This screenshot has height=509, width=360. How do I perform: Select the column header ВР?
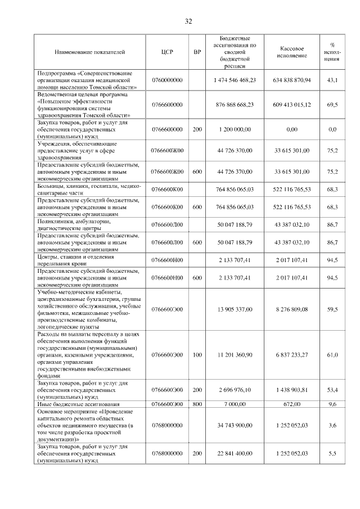(197, 52)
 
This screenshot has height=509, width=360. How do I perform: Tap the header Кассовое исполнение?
(291, 52)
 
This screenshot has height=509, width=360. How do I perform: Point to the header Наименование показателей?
(90, 52)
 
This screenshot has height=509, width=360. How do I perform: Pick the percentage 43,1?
(332, 80)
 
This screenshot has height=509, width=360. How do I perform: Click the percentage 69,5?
(332, 105)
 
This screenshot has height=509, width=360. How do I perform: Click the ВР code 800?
(197, 404)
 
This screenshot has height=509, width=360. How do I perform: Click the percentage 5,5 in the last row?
(332, 453)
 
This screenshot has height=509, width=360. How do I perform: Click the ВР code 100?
(197, 355)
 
